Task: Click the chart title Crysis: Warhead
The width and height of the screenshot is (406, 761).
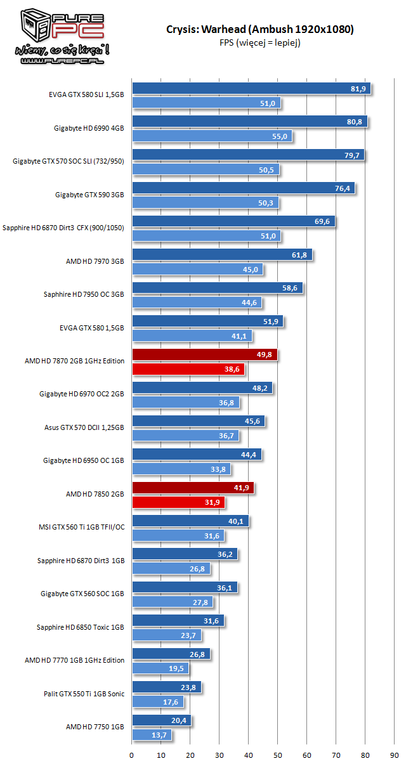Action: click(x=260, y=29)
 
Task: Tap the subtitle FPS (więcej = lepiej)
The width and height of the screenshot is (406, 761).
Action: click(x=260, y=42)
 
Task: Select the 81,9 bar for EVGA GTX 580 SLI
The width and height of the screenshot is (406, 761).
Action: click(x=251, y=89)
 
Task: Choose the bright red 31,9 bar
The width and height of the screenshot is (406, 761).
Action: click(x=178, y=502)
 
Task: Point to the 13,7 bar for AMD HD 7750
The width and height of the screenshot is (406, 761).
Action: click(x=151, y=734)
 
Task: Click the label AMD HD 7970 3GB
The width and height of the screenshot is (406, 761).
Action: click(x=95, y=261)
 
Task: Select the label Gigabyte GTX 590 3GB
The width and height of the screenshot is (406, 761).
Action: click(x=89, y=195)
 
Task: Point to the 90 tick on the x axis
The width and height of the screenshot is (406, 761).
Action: click(x=395, y=755)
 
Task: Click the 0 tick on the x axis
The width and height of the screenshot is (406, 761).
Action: click(x=132, y=755)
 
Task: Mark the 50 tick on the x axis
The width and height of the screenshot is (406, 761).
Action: click(x=278, y=755)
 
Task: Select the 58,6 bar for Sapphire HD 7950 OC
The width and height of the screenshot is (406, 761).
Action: click(x=217, y=288)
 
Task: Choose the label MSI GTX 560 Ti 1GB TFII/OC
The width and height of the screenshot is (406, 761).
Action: click(x=81, y=527)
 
